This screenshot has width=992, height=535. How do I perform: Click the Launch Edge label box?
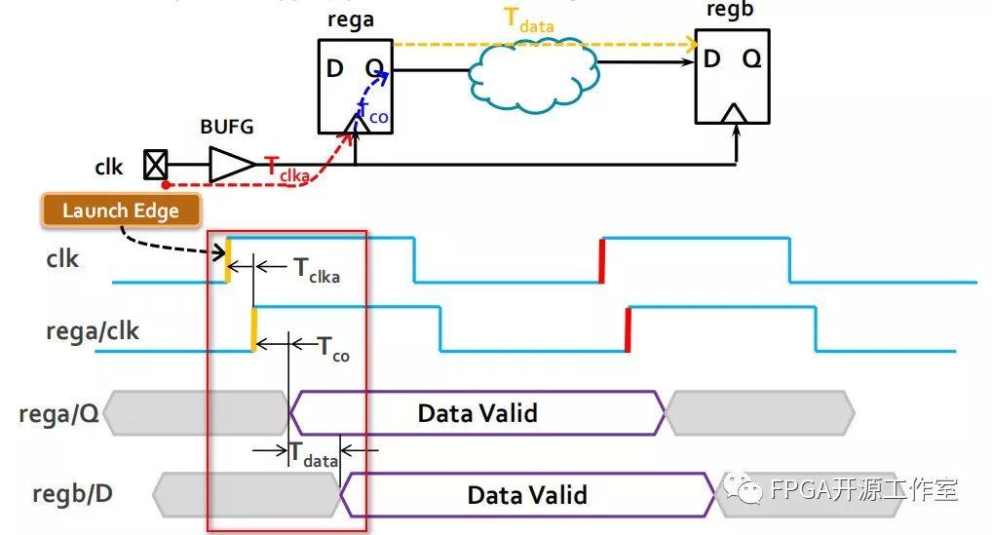click(x=122, y=210)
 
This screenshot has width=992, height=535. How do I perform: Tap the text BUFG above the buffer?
click(x=228, y=126)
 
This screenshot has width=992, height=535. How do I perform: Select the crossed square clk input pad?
click(x=155, y=166)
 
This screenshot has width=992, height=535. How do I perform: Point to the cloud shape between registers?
click(x=533, y=68)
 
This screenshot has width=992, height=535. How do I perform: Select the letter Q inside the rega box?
click(x=374, y=69)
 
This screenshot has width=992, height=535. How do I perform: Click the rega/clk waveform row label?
click(x=93, y=331)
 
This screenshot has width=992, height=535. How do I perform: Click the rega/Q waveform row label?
click(x=58, y=414)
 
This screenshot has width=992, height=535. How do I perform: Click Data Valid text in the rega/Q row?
click(x=477, y=413)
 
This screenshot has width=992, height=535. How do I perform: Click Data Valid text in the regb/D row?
click(x=527, y=494)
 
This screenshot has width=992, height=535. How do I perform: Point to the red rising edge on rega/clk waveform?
click(x=628, y=328)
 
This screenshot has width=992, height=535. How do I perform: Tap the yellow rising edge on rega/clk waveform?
click(x=254, y=328)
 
